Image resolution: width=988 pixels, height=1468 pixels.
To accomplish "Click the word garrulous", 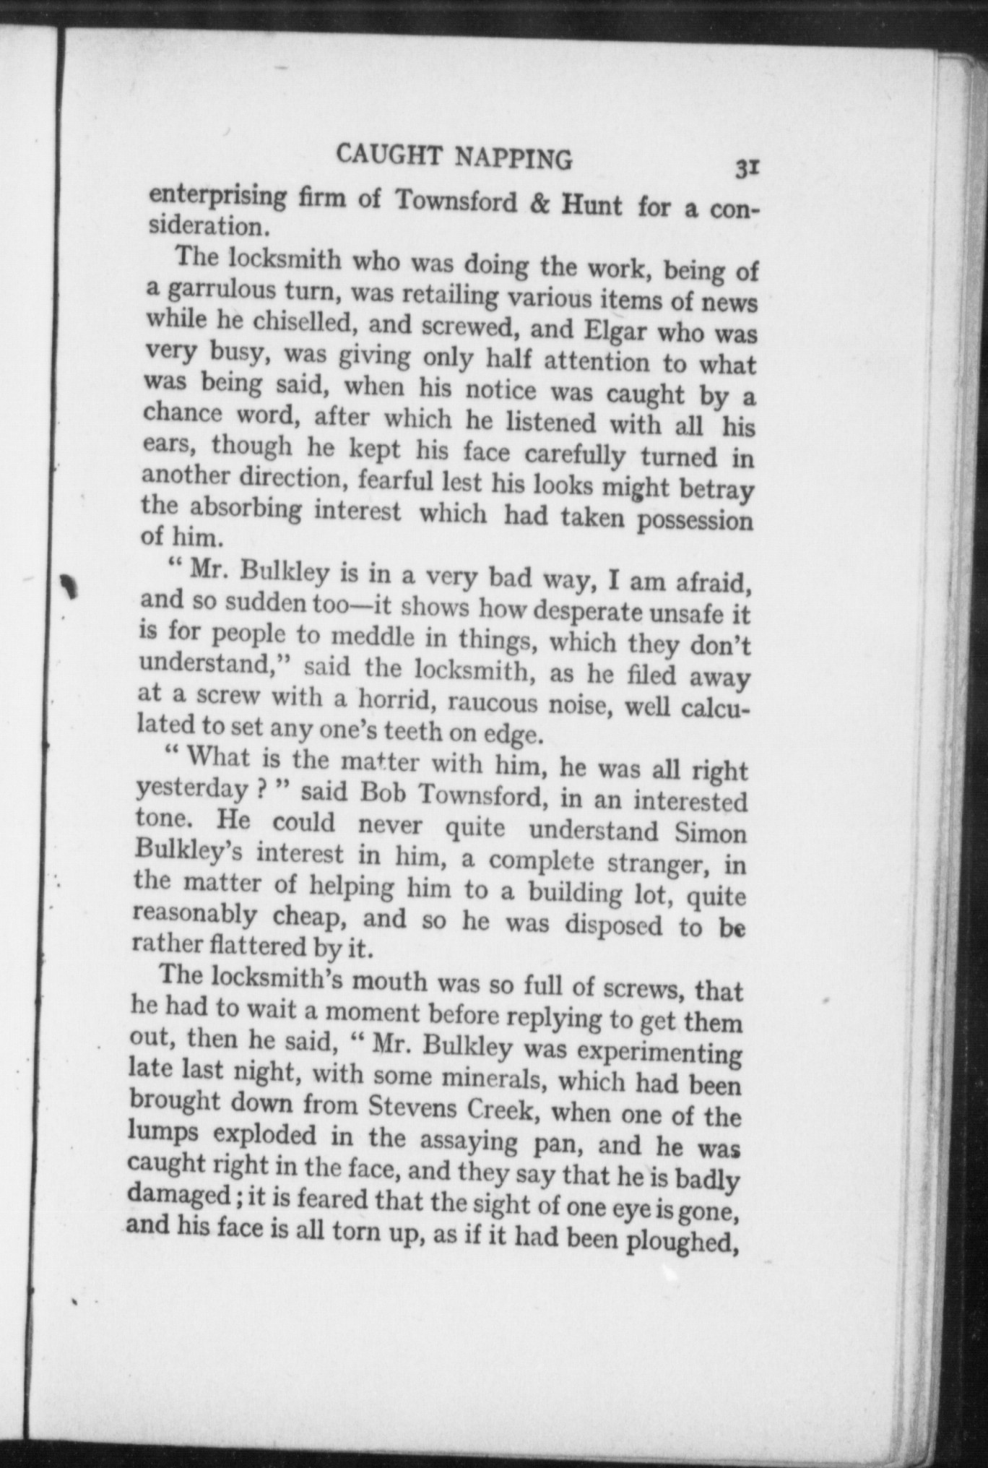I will [220, 290].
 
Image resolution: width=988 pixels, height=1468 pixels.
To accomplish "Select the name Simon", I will [710, 834].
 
